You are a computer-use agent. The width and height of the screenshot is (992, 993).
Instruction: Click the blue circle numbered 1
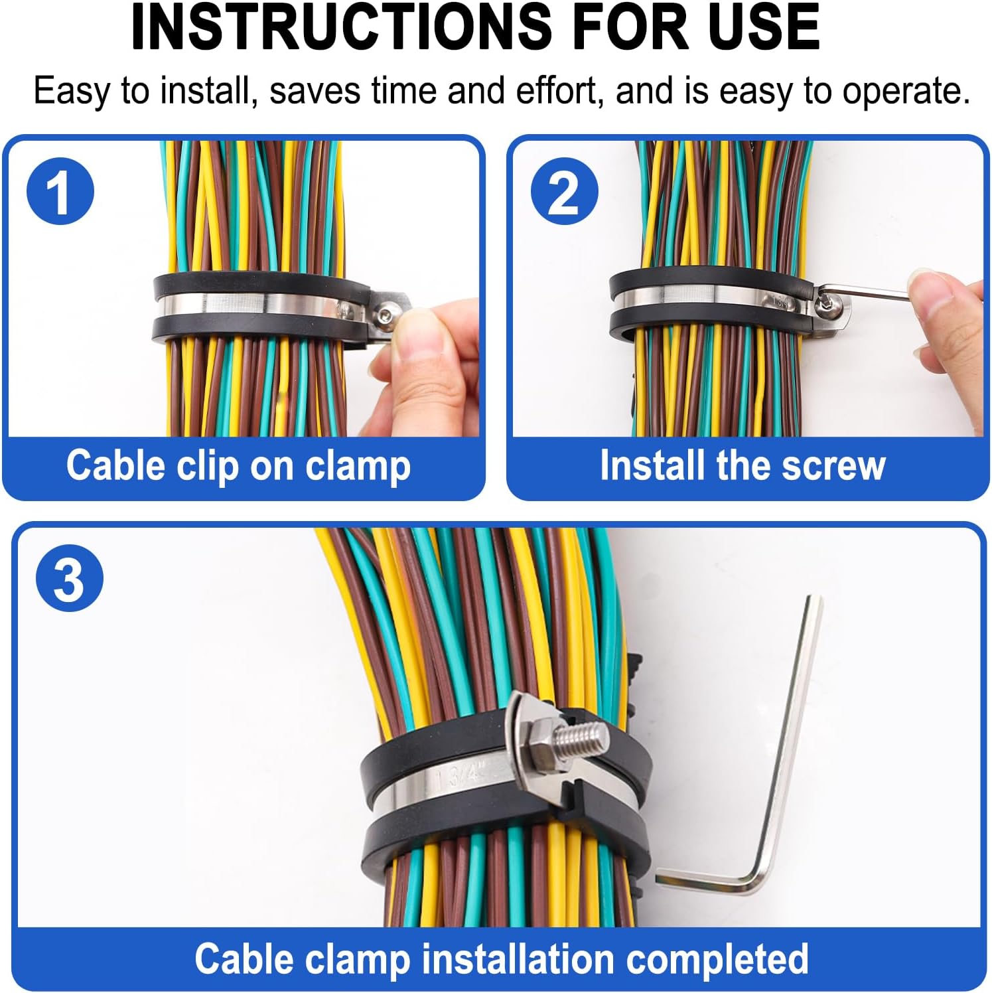pyautogui.click(x=60, y=191)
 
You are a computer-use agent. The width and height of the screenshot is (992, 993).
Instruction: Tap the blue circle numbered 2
pyautogui.click(x=564, y=191)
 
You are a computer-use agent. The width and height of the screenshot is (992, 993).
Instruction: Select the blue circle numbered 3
pyautogui.click(x=70, y=579)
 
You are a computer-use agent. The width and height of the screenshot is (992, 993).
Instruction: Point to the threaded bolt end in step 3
pyautogui.click(x=584, y=737)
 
